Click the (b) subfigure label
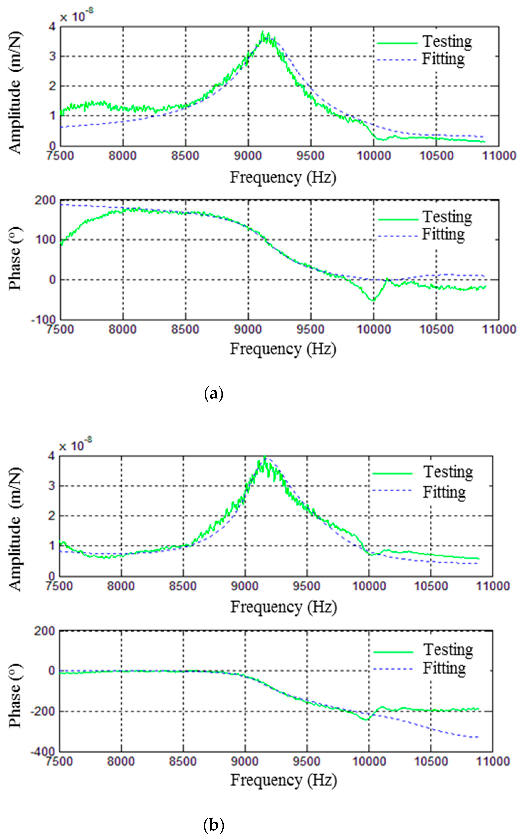coord(214,826)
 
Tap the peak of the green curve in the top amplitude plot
coord(263,32)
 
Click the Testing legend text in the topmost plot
coord(447,42)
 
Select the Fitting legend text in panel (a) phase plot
coord(443,235)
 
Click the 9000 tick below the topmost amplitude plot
coord(248,156)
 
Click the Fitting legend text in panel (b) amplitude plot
coord(444,492)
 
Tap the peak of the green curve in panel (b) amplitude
coord(265,457)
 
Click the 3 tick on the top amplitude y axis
coord(52,56)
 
